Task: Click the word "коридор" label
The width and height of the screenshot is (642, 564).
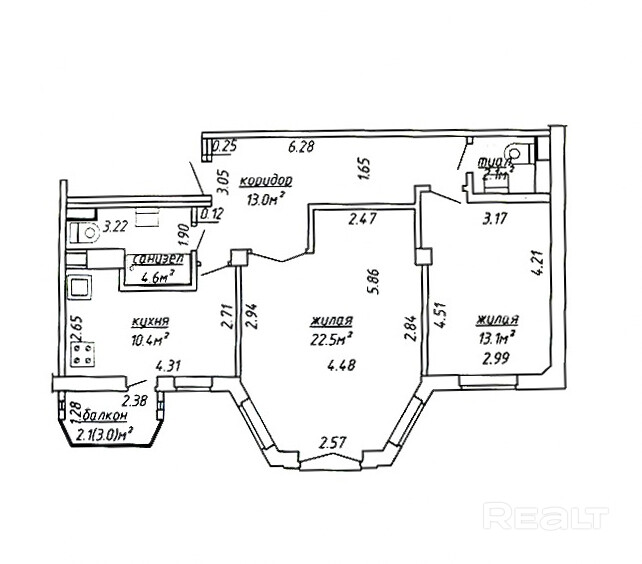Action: [267, 180]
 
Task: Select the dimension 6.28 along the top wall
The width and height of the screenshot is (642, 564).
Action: [301, 147]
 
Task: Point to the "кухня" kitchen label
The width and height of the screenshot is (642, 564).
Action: [150, 322]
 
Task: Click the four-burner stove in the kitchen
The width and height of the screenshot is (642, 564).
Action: [83, 353]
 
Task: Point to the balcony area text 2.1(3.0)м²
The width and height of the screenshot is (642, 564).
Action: [114, 433]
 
